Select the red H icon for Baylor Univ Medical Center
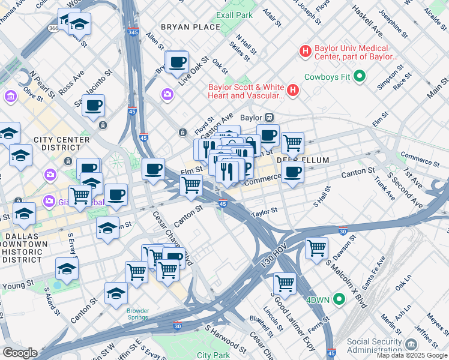[306, 52]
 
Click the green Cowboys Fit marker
[360, 76]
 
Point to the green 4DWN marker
[339, 298]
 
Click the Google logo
[20, 353]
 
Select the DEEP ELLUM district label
[296, 161]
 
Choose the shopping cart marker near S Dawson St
[316, 246]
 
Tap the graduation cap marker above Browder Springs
[116, 293]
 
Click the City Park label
[213, 355]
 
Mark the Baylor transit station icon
[270, 118]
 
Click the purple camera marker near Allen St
[167, 94]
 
